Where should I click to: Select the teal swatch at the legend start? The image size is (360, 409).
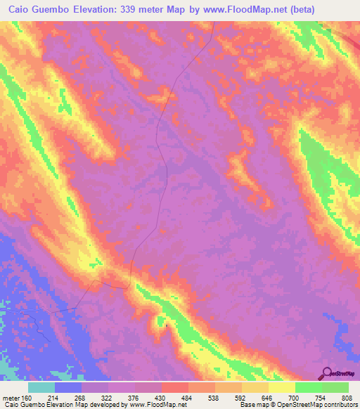[x=41, y=388]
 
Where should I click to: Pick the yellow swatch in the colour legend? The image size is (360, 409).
[x=281, y=388]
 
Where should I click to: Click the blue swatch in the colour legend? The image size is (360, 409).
[x=68, y=388]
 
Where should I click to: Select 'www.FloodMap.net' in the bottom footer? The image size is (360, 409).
[x=153, y=405]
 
